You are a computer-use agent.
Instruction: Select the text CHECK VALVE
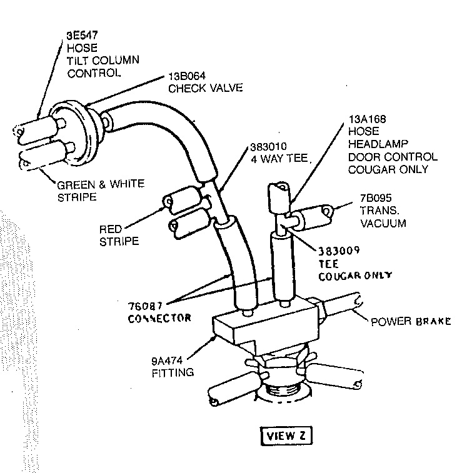pyautogui.click(x=204, y=89)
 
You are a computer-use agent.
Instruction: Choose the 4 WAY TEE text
pyautogui.click(x=280, y=159)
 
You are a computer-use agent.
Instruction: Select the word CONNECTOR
pyautogui.click(x=159, y=317)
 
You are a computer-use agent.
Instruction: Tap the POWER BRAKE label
pyautogui.click(x=411, y=322)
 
